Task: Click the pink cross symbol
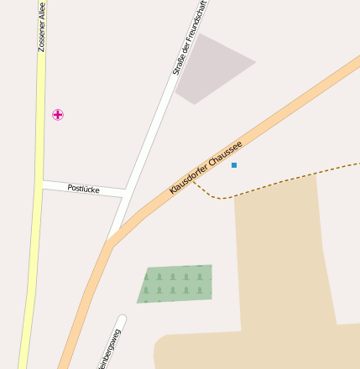pyautogui.click(x=58, y=114)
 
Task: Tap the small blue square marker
pyautogui.click(x=234, y=165)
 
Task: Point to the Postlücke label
pyautogui.click(x=83, y=189)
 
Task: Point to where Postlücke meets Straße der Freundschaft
pyautogui.click(x=126, y=192)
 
